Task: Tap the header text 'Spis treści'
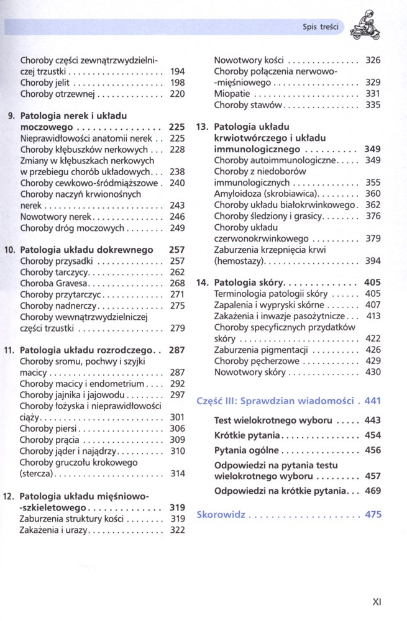321,27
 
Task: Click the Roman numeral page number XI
377,601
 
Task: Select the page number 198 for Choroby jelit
177,83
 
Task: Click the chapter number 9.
11,116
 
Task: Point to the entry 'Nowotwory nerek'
56,217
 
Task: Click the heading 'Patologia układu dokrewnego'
86,250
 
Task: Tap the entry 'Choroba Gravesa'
53,283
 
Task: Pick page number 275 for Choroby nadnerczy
177,306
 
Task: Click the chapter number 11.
9,350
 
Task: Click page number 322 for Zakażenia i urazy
178,530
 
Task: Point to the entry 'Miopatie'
232,93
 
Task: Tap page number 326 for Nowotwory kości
373,60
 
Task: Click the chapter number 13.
201,127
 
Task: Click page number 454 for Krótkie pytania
373,435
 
